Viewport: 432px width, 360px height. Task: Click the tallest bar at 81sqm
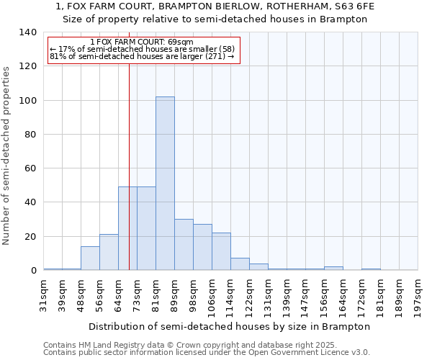pyautogui.click(x=165, y=184)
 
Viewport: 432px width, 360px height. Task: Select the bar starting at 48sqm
pyautogui.click(x=90, y=258)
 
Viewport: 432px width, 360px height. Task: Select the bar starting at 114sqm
pyautogui.click(x=240, y=264)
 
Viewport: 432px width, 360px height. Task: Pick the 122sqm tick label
pyautogui.click(x=250, y=295)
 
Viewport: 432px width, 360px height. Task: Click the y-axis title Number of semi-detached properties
pyautogui.click(x=7, y=155)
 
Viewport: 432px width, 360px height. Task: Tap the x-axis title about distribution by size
pyautogui.click(x=230, y=326)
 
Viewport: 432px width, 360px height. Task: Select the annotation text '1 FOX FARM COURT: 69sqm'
pyautogui.click(x=143, y=42)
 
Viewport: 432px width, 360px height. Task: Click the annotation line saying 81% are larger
pyautogui.click(x=142, y=57)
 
